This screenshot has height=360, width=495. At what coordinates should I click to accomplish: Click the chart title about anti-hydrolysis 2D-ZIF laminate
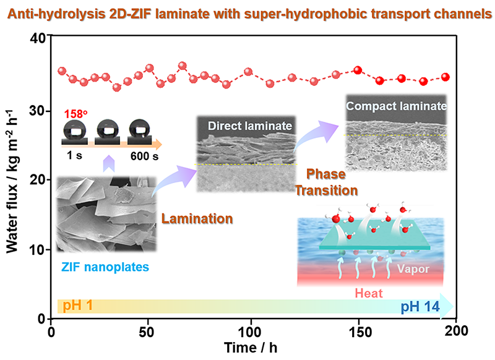247,12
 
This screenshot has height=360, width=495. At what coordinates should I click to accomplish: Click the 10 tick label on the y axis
38,250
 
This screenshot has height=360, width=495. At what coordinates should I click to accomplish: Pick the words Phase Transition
326,183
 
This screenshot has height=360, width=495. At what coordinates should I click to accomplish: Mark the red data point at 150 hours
357,71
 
